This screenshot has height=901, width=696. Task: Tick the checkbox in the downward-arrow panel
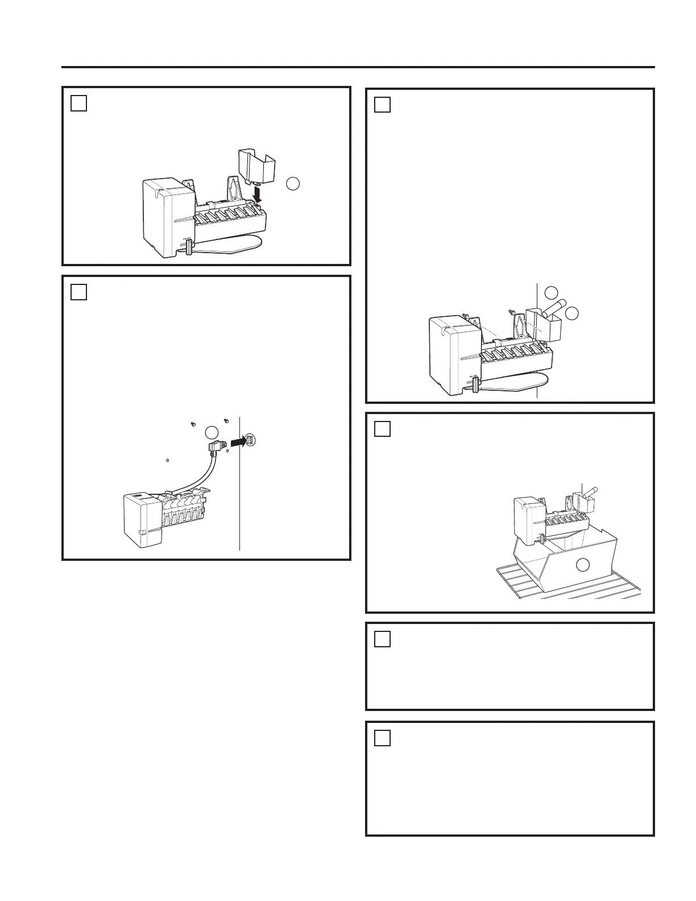tap(79, 104)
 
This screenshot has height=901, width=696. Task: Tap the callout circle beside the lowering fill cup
tap(292, 183)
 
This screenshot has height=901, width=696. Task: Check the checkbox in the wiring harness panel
tap(79, 292)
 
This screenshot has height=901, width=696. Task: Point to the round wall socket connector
tap(251, 440)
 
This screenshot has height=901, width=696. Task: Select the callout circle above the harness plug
tap(212, 431)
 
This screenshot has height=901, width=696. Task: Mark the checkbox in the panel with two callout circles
tap(383, 105)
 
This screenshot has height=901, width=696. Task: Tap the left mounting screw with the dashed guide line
tap(465, 317)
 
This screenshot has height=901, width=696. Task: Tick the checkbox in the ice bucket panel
tap(383, 429)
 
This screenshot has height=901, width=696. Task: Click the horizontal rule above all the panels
tap(358, 67)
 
